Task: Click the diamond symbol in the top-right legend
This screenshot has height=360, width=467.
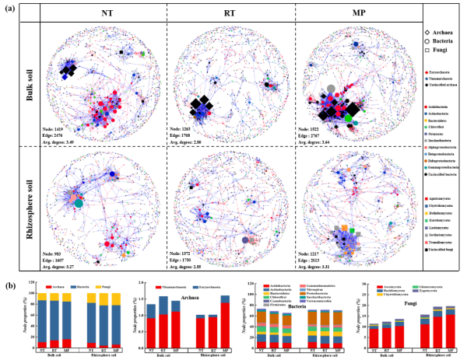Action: coord(427,33)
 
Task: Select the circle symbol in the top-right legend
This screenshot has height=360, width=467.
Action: coord(427,41)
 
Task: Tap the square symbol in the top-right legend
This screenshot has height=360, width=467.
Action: coord(427,51)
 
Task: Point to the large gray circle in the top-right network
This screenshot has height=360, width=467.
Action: coord(331,89)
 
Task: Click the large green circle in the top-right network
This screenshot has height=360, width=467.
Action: coord(349,118)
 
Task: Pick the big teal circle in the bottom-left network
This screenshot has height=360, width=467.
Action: coord(79,204)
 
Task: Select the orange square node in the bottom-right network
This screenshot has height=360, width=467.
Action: coord(344,227)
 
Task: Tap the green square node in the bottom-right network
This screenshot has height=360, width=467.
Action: coord(353,231)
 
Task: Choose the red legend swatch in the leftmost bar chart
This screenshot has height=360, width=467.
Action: coord(50,287)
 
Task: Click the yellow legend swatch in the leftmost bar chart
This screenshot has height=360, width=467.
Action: coord(99,287)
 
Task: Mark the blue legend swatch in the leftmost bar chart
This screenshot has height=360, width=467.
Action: coord(75,287)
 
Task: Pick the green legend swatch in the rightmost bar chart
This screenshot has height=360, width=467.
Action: coord(416,287)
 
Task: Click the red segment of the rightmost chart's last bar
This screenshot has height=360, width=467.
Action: coord(450,331)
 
